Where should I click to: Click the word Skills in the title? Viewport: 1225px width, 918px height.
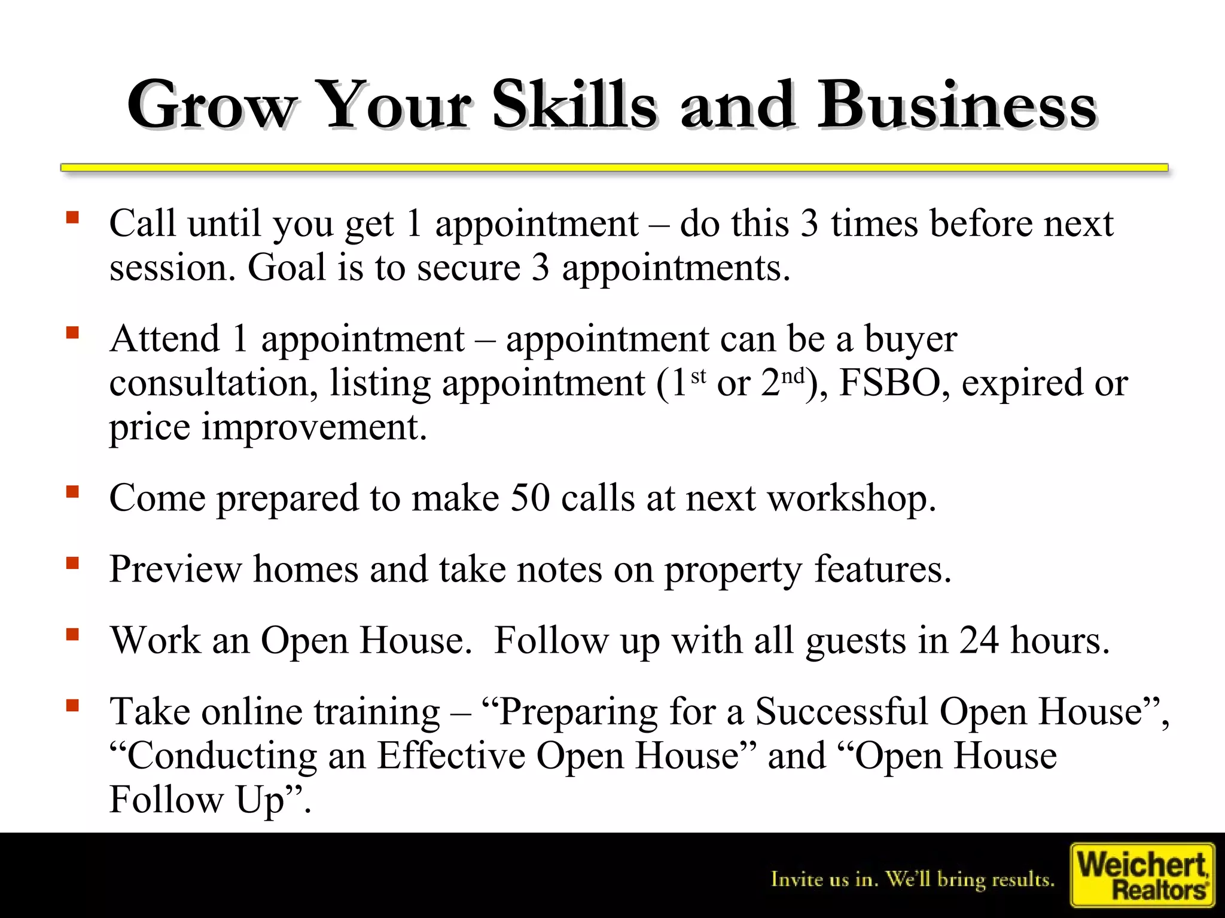[x=574, y=105]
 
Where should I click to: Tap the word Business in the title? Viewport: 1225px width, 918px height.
[x=957, y=105]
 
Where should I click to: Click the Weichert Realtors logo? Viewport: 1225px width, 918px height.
[x=1142, y=875]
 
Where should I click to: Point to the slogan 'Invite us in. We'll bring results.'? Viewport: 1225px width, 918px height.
[x=913, y=879]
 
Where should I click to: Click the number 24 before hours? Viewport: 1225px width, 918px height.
[x=979, y=640]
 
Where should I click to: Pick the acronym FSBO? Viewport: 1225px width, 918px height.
[x=890, y=383]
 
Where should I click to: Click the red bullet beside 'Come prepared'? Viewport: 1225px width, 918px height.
[x=73, y=492]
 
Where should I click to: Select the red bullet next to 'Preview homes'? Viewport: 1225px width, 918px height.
[x=73, y=563]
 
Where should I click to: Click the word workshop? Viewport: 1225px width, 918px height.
[x=852, y=498]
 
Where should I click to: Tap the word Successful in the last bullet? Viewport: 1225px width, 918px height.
[x=841, y=711]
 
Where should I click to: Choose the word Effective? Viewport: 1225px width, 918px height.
[x=451, y=755]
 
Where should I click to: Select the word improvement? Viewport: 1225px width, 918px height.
[x=314, y=427]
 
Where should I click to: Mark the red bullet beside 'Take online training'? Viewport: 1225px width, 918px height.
[x=73, y=706]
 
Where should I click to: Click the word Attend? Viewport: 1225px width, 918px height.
[x=165, y=339]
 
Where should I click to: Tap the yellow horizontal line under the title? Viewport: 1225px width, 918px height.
[x=614, y=168]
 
